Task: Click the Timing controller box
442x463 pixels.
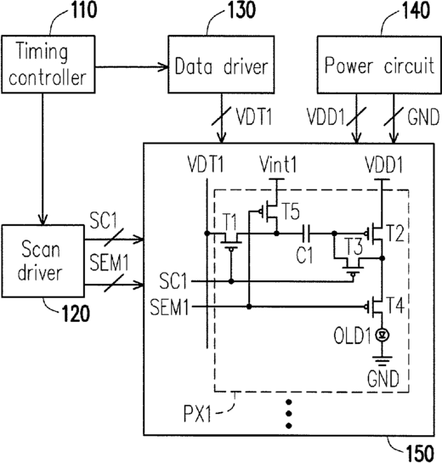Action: tap(48, 65)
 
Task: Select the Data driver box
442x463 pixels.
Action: tap(221, 65)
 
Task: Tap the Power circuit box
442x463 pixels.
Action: tap(379, 65)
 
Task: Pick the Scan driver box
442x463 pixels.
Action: tap(42, 261)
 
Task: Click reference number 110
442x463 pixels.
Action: tap(84, 9)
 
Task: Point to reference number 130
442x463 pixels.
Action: tap(241, 9)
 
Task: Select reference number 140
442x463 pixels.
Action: tap(416, 10)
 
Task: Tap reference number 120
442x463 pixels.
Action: tap(76, 313)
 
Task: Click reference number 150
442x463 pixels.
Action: tap(420, 454)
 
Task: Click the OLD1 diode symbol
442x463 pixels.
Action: tap(382, 335)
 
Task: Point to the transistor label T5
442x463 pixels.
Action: tap(292, 212)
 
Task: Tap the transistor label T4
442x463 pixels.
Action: tap(395, 305)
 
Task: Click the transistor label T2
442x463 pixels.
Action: tap(395, 234)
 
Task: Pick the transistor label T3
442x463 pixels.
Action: tap(354, 246)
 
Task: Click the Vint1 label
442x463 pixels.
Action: tap(278, 165)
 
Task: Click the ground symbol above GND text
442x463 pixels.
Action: tap(382, 361)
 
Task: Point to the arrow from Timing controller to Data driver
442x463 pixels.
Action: tap(132, 67)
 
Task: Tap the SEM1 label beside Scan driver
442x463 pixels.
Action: tap(109, 263)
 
